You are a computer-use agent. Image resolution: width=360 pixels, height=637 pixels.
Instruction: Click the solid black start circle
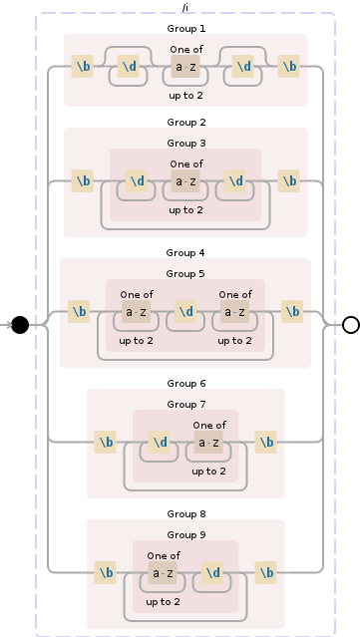coord(20,324)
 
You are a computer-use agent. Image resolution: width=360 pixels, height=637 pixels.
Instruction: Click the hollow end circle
coord(350,324)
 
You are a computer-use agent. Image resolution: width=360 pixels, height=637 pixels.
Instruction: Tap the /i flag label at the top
coord(185,7)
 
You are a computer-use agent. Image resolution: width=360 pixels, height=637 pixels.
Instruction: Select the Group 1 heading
coord(185,29)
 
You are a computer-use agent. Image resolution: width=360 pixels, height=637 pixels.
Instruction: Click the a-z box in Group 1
coord(185,68)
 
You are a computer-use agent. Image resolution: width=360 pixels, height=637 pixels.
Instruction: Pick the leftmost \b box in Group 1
coord(83,68)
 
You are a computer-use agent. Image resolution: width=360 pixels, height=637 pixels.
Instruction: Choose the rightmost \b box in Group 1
coord(289,68)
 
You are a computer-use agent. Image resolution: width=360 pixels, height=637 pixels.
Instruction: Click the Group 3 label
coord(185,143)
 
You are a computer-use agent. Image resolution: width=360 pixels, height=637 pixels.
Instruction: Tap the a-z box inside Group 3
coord(185,181)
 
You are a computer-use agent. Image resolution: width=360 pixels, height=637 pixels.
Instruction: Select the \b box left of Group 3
coord(83,181)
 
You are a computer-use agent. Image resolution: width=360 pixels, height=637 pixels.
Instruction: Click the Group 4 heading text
coord(185,253)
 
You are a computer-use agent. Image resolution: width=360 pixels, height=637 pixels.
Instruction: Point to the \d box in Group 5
coord(185,312)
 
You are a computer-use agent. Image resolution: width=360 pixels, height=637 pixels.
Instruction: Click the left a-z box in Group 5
coord(137,312)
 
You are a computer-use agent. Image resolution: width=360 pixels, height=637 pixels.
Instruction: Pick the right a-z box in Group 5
coord(235,312)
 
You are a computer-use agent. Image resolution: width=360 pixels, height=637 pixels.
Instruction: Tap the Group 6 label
coord(185,383)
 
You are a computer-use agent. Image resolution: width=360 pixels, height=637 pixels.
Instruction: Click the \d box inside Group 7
coord(160,442)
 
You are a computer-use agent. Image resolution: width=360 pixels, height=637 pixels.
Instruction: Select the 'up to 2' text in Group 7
coord(209,472)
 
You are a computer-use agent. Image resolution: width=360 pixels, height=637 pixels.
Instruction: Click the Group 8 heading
coord(185,513)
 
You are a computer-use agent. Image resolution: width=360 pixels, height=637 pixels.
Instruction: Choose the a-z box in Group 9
coord(163,573)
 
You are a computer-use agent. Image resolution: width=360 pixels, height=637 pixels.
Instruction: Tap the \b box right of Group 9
coord(266,573)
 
